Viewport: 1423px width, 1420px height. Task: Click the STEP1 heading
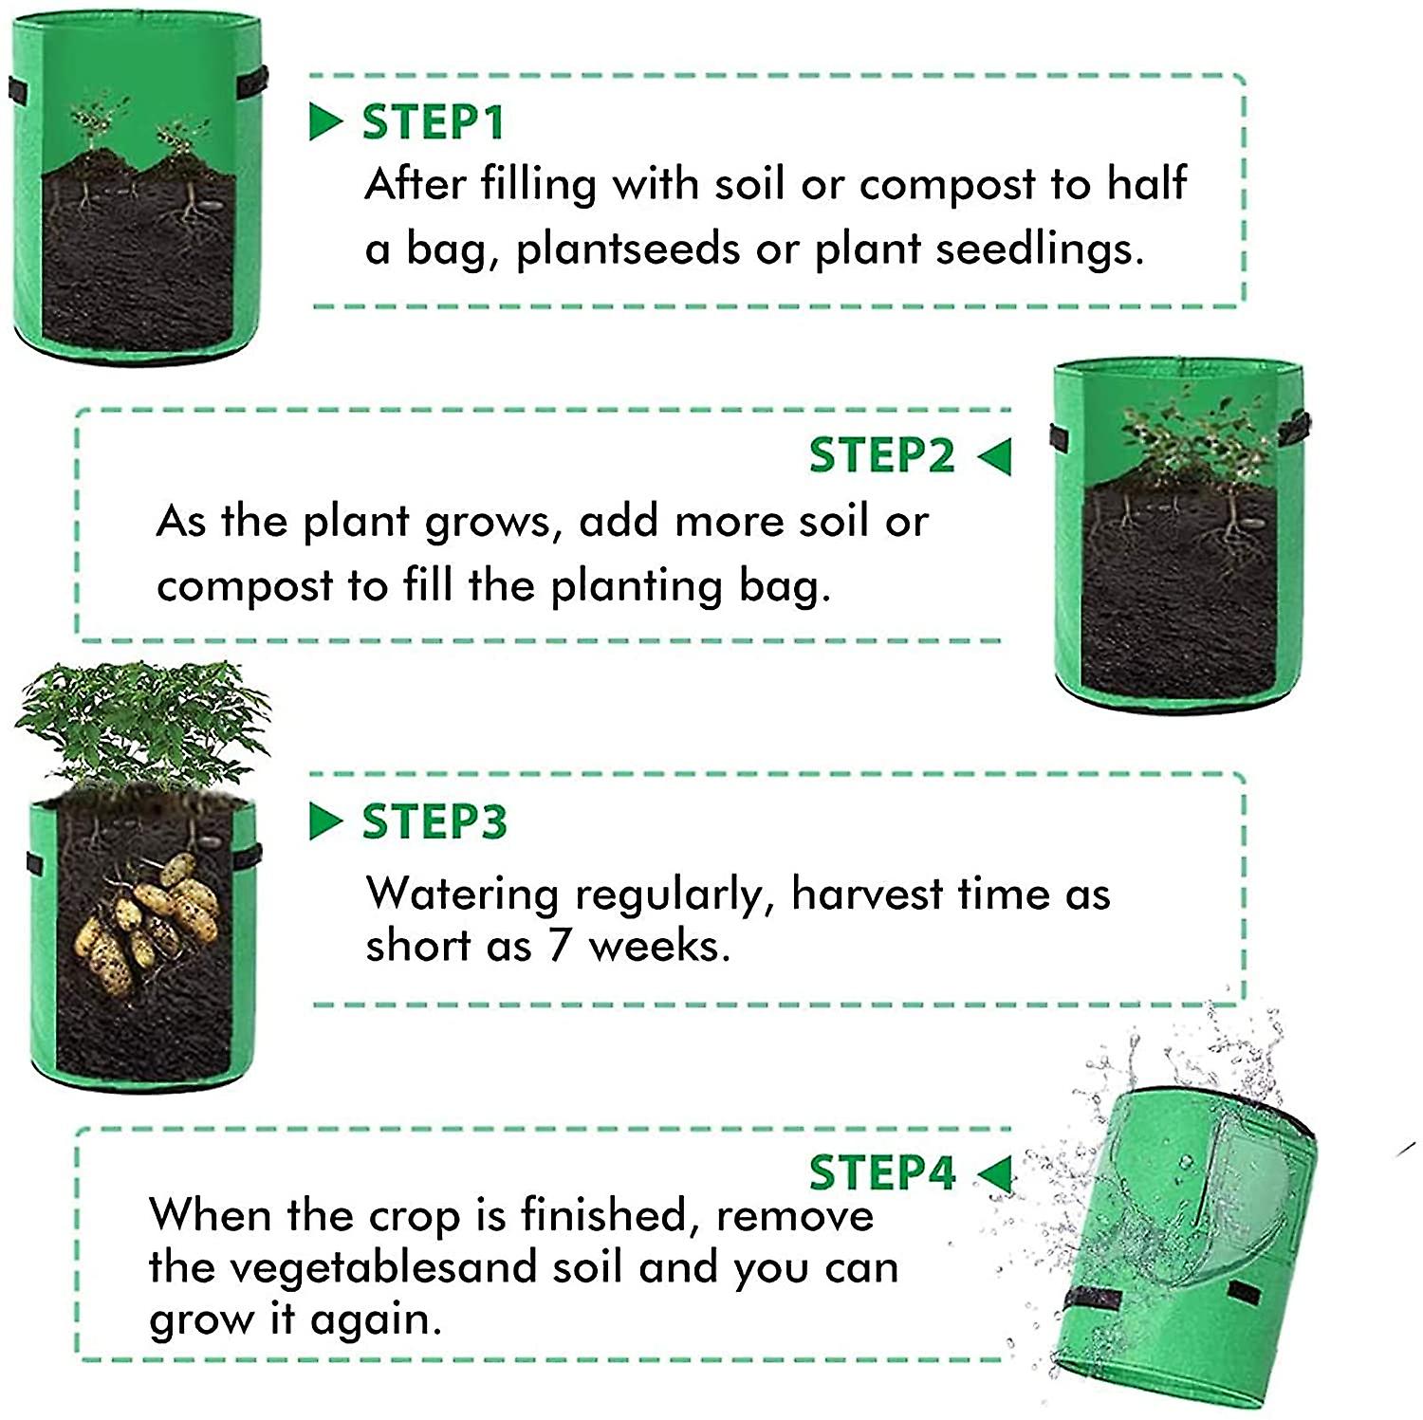pos(433,122)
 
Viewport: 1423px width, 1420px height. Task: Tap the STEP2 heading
pos(881,455)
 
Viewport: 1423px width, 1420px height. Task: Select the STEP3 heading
pos(434,821)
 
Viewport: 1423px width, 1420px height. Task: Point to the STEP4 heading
pos(881,1172)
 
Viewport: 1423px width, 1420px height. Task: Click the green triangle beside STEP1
pos(325,122)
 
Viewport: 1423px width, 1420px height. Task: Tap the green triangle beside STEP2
pos(994,456)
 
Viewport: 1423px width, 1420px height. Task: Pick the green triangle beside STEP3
pos(325,821)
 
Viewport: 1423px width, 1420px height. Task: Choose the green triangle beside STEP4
pos(994,1173)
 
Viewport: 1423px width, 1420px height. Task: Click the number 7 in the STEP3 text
pos(559,946)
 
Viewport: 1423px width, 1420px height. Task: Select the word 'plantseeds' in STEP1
pos(628,249)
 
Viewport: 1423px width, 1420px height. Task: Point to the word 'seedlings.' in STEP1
pos(1040,249)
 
